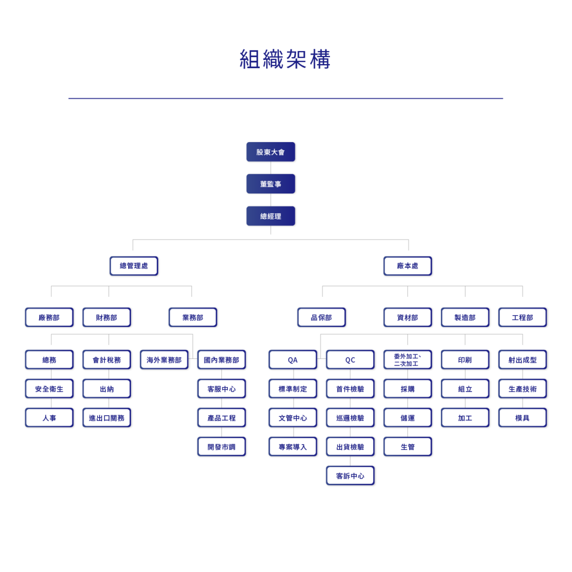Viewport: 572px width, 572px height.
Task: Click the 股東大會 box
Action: pos(270,152)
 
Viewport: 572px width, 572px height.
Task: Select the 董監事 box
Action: pos(270,184)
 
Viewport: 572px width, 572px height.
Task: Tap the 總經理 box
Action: pos(270,216)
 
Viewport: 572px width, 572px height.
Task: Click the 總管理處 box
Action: pos(133,266)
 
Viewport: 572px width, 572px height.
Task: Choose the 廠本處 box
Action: pos(408,266)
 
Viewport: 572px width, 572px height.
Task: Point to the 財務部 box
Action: pos(106,317)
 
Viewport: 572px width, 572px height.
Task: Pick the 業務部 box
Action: pos(193,317)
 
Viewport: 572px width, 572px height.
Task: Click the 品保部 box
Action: pos(321,317)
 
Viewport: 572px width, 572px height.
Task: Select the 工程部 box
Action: pos(522,317)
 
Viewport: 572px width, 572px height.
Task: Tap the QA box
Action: pos(293,360)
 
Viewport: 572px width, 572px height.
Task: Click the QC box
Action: pos(350,360)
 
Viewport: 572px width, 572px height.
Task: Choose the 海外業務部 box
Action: pos(164,360)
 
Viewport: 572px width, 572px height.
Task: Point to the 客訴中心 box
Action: pos(350,476)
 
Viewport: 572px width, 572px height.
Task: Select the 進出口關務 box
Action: pos(106,418)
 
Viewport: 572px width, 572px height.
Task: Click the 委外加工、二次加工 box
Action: pos(408,360)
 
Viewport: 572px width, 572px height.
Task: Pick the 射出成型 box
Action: pos(522,360)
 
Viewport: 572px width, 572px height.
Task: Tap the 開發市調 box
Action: pos(222,447)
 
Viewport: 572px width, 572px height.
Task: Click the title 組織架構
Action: pos(285,59)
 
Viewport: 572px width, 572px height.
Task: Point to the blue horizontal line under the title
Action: pos(286,99)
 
